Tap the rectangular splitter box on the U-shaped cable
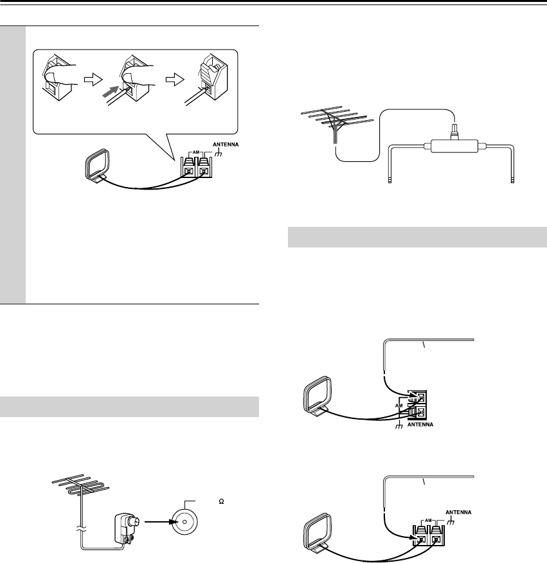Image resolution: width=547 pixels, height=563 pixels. (x=453, y=147)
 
